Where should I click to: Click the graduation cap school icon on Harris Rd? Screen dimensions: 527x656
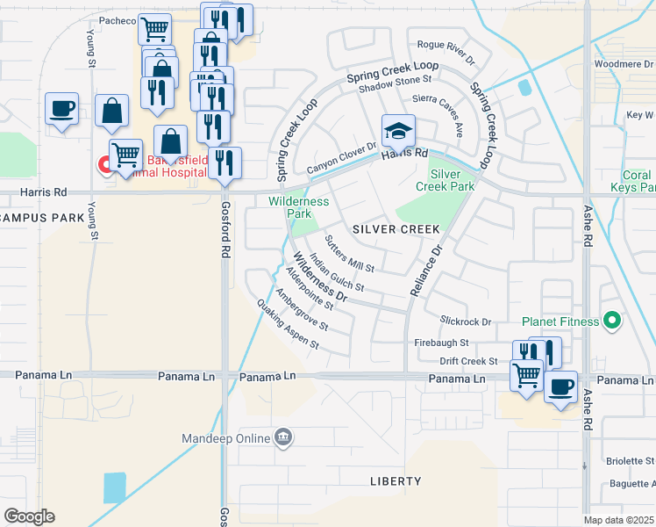398,131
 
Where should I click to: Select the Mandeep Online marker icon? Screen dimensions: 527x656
283,437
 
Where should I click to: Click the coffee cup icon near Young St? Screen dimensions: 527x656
61,110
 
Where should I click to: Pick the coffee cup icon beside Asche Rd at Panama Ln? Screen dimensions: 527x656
560,386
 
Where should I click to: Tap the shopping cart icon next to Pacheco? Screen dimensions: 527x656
154,29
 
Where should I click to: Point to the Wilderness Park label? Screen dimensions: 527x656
298,207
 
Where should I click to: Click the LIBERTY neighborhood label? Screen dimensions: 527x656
395,481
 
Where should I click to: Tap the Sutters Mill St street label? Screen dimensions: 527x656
349,254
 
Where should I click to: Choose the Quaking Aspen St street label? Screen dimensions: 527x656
287,324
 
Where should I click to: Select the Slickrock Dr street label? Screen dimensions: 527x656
466,322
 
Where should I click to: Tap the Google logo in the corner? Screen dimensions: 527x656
29,516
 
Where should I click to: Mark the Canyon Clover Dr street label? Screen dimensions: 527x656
341,159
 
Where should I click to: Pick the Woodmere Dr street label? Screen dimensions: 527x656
624,63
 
